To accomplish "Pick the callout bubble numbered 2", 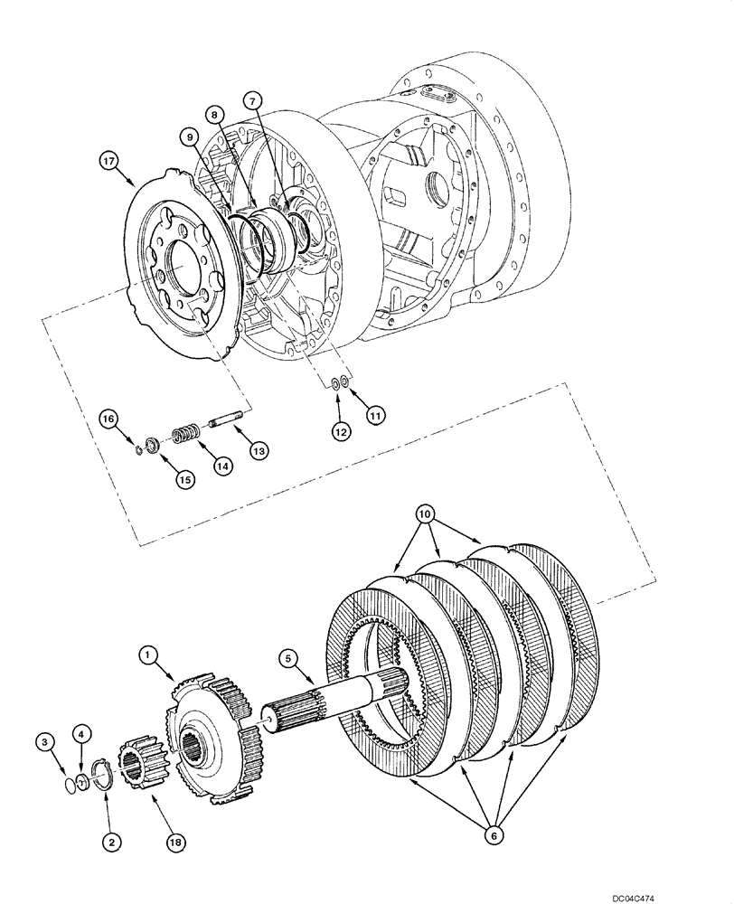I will (x=110, y=843).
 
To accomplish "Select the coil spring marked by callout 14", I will (x=185, y=435).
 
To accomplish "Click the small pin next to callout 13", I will (x=222, y=422).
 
